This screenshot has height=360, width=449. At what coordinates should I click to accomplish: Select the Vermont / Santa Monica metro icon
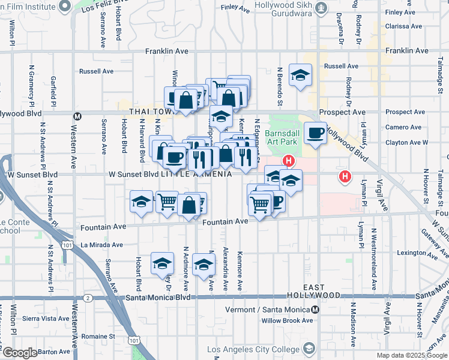[x=315, y=310]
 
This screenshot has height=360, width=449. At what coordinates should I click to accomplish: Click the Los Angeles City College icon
[x=309, y=349]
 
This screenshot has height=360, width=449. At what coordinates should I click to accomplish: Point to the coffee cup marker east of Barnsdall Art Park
[x=315, y=133]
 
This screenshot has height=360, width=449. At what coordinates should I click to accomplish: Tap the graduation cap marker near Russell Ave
[x=300, y=74]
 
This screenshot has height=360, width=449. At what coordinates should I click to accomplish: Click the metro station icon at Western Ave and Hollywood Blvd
[x=77, y=116]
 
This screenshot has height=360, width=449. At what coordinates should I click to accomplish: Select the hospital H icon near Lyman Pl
[x=345, y=176]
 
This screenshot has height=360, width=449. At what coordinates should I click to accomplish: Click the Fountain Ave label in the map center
[x=225, y=221]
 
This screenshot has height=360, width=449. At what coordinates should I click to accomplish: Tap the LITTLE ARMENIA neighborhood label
[x=196, y=174]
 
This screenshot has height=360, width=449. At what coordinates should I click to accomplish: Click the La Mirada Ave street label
[x=102, y=245]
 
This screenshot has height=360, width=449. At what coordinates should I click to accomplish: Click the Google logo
[x=19, y=353]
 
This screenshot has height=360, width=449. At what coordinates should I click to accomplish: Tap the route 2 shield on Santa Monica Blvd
[x=88, y=298]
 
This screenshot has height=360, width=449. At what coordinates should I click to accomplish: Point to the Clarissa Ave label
[x=405, y=26]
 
